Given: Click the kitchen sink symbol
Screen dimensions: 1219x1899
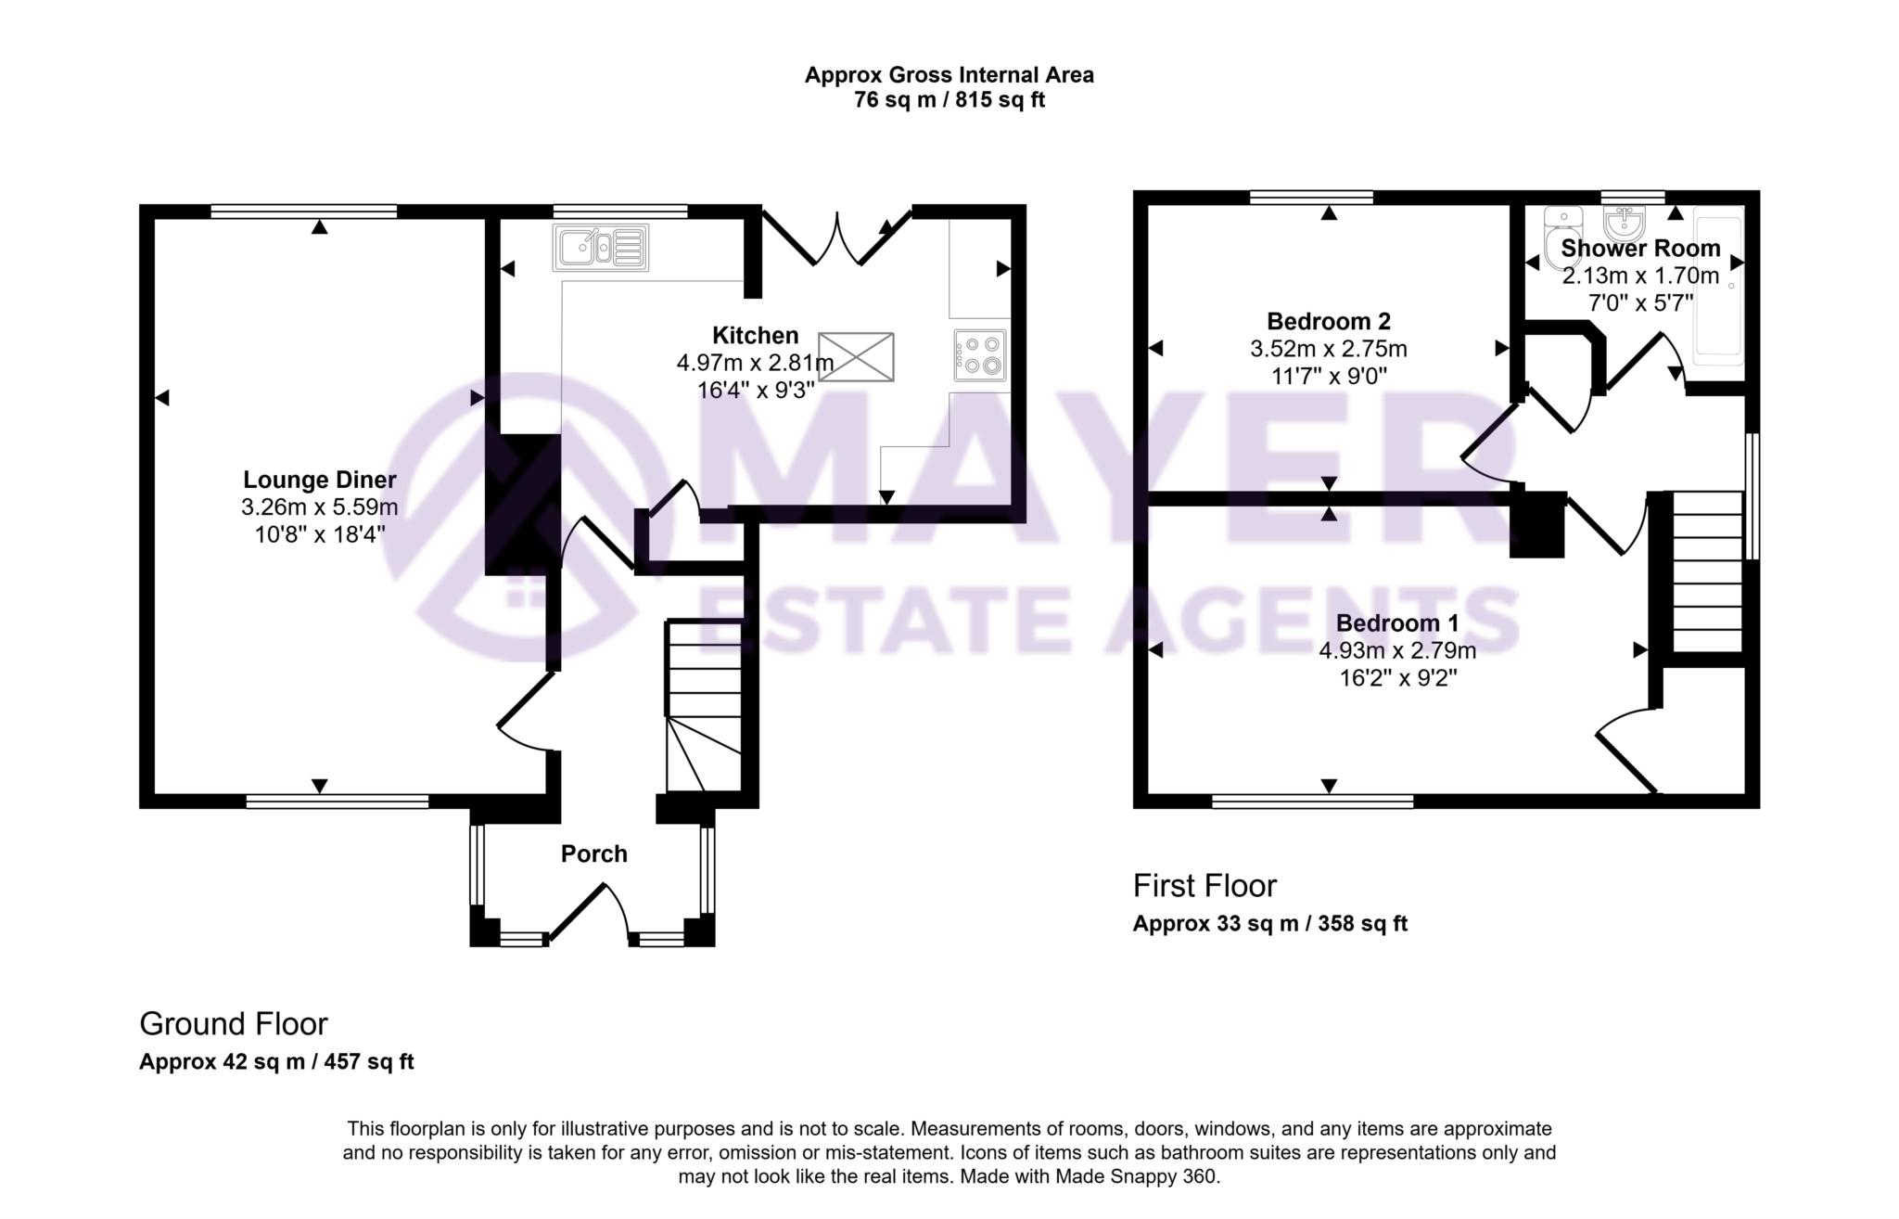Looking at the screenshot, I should point(601,248).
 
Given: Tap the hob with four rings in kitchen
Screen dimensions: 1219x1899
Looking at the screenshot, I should point(980,355).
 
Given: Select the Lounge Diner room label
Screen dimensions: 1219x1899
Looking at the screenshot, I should point(319,480).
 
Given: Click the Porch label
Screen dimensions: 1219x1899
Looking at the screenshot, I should point(593,853).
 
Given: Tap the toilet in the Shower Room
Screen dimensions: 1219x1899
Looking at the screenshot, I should point(1563,237).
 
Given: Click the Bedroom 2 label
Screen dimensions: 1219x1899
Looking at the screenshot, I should point(1328,321).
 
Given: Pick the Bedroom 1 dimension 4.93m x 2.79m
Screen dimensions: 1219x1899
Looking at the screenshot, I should point(1396,650).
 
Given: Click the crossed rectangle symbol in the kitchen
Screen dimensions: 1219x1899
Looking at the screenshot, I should point(856,357).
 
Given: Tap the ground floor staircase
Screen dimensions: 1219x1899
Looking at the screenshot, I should point(703,707).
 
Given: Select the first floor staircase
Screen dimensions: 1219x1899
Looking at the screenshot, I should point(1707,572).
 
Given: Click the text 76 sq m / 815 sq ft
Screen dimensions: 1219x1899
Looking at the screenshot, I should point(949,100).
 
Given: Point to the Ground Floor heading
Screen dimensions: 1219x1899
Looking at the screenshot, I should point(234,1023).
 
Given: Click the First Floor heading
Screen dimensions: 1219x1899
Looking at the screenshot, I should point(1204,885).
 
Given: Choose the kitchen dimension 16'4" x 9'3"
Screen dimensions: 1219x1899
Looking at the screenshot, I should point(755,390).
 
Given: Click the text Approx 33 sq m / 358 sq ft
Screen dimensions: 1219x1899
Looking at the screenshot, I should point(1269,923).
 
